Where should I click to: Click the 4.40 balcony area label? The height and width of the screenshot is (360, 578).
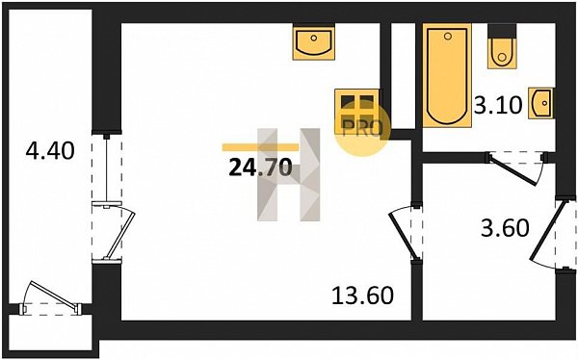50,151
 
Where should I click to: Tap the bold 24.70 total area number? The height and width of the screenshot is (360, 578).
261,167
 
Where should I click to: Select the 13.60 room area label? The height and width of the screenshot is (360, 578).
363,296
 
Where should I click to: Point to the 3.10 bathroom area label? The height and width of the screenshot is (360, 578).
498,105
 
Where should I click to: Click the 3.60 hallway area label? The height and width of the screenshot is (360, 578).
505,228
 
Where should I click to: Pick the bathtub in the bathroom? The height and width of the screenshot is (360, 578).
447,75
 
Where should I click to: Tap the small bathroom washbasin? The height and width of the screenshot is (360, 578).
540,103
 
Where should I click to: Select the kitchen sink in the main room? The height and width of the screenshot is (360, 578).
314,41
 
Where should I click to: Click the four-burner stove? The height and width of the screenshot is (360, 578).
357,112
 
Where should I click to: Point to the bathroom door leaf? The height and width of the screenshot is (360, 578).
512,169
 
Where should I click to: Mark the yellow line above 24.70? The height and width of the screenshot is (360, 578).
260,147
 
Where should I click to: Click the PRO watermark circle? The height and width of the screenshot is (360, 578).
362,129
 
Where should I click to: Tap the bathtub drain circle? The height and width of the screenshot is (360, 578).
448,37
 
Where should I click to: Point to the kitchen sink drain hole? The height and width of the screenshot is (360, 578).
314,38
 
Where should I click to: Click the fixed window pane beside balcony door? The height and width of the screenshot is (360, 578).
107,168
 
